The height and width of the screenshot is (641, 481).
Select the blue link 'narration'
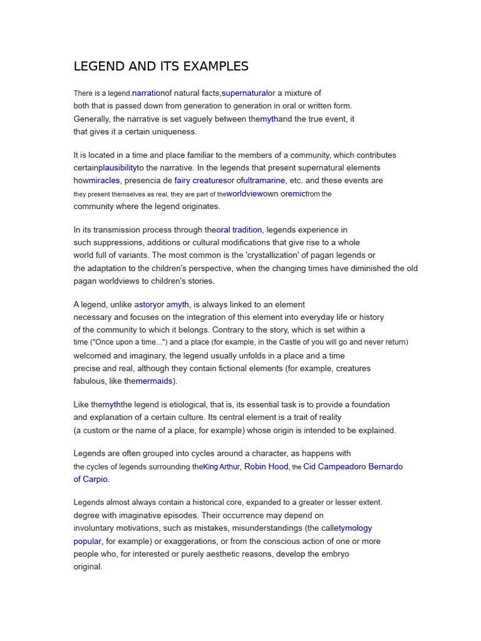148,93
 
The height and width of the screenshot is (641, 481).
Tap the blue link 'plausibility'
117,168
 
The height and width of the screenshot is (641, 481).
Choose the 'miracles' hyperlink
104,181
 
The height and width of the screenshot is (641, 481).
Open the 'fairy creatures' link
200,181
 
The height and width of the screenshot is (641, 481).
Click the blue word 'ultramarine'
264,181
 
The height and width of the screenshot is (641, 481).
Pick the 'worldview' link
244,193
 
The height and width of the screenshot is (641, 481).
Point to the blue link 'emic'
296,193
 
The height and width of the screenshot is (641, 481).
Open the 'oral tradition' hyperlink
239,230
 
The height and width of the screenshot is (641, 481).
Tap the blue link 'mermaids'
154,381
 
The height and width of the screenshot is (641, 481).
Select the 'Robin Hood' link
266,466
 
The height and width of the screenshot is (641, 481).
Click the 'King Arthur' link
222,466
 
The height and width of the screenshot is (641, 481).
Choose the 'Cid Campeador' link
331,466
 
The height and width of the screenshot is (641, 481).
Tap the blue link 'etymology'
353,528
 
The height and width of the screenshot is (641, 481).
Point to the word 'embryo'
336,554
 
